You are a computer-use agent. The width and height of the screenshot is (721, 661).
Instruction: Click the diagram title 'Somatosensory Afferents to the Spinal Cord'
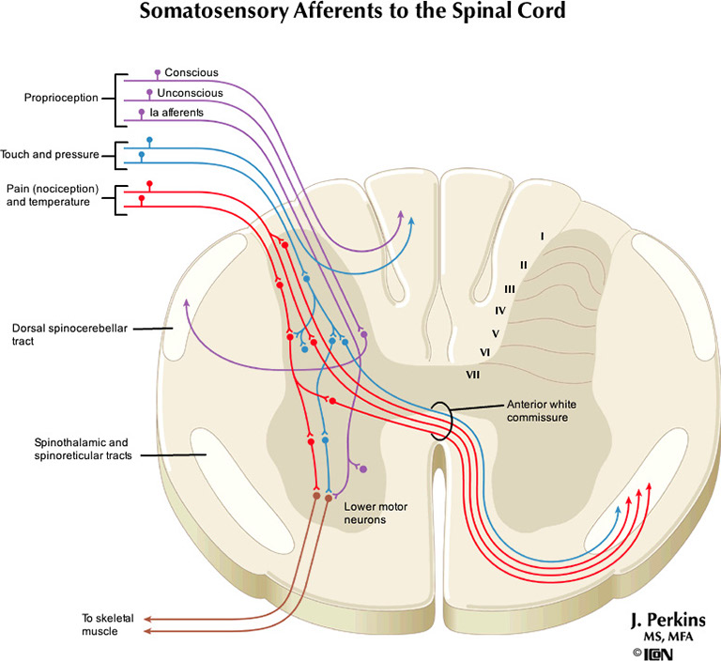click(360, 13)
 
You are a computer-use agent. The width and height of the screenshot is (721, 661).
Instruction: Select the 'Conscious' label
click(191, 72)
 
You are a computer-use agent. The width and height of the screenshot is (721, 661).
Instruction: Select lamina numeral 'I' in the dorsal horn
click(542, 236)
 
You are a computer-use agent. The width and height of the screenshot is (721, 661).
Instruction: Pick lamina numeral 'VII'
click(473, 375)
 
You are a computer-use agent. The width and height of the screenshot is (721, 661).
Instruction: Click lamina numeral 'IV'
click(500, 310)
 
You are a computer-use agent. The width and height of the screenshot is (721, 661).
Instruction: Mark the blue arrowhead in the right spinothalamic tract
click(618, 508)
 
